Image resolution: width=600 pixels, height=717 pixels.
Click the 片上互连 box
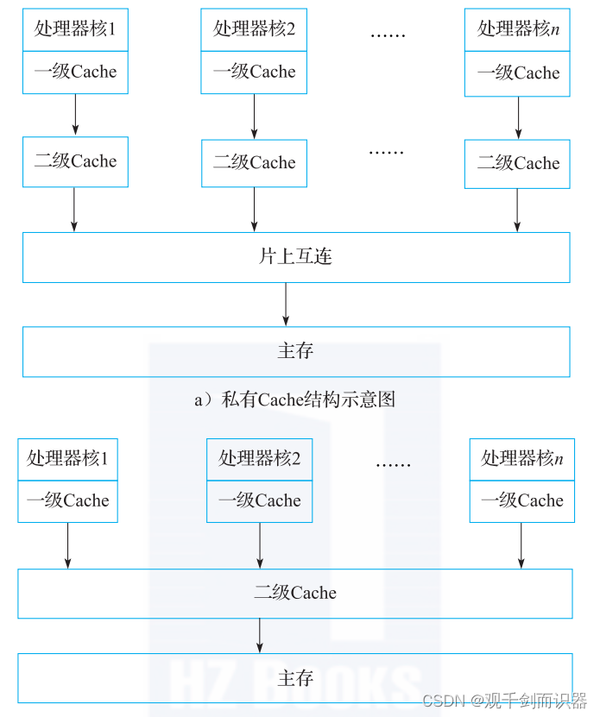(x=296, y=257)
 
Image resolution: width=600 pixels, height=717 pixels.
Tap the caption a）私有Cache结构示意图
(x=294, y=399)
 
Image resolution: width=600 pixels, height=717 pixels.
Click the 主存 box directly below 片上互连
(x=296, y=351)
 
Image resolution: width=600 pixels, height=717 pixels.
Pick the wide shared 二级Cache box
(x=295, y=593)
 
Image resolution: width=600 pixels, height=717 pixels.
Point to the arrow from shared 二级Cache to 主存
(x=260, y=635)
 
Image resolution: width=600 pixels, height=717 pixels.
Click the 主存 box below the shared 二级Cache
(x=295, y=677)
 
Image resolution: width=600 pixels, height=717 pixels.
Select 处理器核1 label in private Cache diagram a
(x=75, y=29)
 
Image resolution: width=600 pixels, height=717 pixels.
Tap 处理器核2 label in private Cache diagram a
(x=254, y=29)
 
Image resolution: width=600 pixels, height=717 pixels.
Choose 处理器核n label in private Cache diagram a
(x=518, y=29)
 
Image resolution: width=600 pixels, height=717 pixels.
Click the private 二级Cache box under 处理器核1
(x=75, y=161)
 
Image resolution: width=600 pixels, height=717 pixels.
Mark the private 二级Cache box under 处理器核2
(x=254, y=163)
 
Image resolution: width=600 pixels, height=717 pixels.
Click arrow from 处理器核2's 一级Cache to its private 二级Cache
(x=254, y=116)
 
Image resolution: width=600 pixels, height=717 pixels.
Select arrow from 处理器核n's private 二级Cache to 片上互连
(x=517, y=211)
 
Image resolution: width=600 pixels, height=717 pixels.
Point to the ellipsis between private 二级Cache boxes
(x=386, y=152)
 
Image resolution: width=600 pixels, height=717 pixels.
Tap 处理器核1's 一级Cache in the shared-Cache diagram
(x=67, y=501)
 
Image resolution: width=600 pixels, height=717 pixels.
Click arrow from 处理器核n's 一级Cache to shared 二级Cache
(x=521, y=545)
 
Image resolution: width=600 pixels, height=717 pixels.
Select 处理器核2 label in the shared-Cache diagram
(x=259, y=458)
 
